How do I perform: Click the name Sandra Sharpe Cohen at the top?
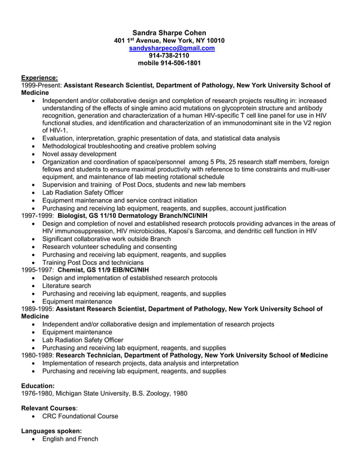point(169,32)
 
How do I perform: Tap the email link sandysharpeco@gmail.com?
point(172,48)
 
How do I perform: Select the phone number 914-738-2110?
point(169,55)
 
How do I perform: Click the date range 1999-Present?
point(41,85)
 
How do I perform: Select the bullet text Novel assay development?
point(80,154)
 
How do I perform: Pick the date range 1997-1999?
point(37,216)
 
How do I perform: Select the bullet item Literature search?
point(67,285)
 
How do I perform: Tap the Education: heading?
point(38,385)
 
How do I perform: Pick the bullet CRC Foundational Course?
point(80,416)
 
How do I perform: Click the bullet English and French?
point(70,439)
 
